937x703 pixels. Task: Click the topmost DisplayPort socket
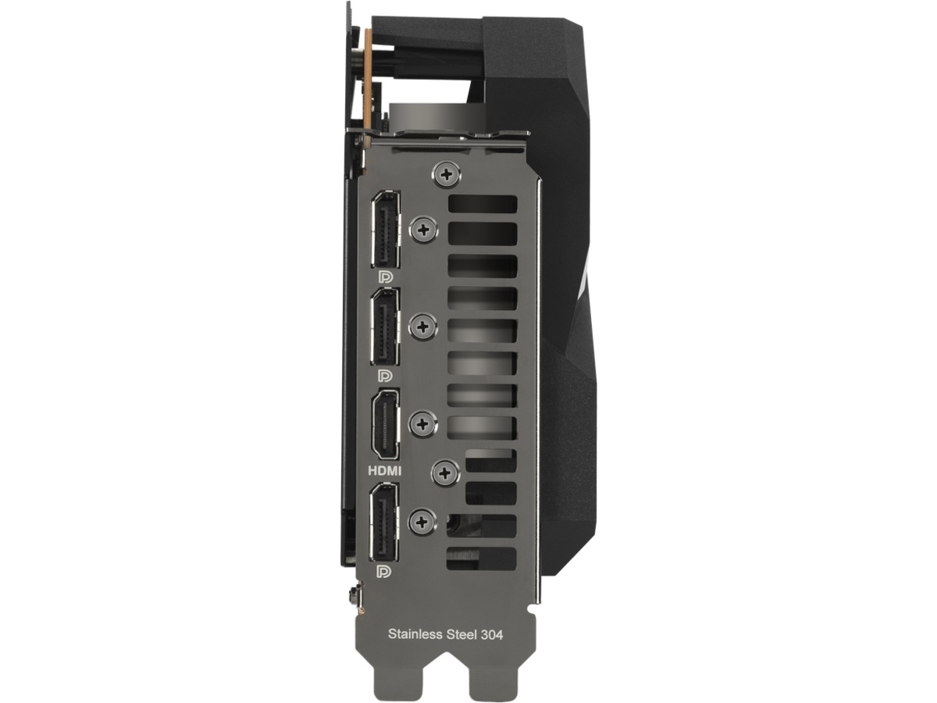click(x=386, y=229)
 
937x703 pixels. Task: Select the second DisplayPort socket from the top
click(x=386, y=327)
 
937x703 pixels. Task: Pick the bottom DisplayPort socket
click(x=383, y=522)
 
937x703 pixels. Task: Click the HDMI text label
click(x=385, y=471)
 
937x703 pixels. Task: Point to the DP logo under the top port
click(x=386, y=277)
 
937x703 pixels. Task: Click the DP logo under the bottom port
click(x=384, y=572)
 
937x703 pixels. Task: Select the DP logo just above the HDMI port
click(x=386, y=376)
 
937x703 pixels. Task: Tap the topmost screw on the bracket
click(x=447, y=174)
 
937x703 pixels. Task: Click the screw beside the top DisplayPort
click(x=423, y=230)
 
